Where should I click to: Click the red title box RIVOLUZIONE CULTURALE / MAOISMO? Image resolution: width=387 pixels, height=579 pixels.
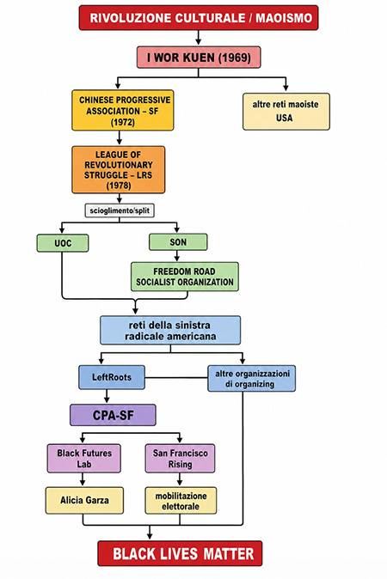click(199, 17)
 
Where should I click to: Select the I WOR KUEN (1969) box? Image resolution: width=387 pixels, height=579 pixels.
click(199, 58)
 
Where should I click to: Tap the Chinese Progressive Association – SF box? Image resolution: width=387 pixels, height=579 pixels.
click(123, 111)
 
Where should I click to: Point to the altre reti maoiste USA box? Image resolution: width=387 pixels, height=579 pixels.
click(286, 111)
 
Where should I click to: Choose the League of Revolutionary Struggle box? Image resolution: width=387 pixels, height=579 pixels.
click(119, 169)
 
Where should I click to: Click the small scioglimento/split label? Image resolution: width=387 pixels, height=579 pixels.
click(120, 210)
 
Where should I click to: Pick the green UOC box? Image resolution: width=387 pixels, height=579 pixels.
click(63, 243)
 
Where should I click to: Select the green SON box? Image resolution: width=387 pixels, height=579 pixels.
click(178, 242)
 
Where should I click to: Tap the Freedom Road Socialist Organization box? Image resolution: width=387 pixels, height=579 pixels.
click(184, 277)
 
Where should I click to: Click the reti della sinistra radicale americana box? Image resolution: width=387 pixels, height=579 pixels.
click(170, 330)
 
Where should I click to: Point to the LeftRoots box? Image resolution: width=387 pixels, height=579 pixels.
click(112, 377)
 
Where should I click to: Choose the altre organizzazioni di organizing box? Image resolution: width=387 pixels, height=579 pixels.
click(251, 379)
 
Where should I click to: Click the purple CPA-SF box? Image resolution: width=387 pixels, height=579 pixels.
click(113, 415)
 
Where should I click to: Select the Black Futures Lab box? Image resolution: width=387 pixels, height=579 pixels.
click(84, 458)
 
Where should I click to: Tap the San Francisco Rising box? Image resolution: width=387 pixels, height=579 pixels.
click(180, 458)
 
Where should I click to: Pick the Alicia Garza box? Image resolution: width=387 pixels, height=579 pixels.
click(84, 500)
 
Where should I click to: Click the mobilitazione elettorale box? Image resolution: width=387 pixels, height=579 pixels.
click(181, 501)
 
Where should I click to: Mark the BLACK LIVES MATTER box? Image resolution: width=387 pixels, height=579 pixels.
click(180, 553)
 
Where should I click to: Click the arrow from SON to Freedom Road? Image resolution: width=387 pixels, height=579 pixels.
click(176, 256)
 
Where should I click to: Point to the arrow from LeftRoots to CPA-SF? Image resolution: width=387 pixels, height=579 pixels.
click(107, 397)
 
